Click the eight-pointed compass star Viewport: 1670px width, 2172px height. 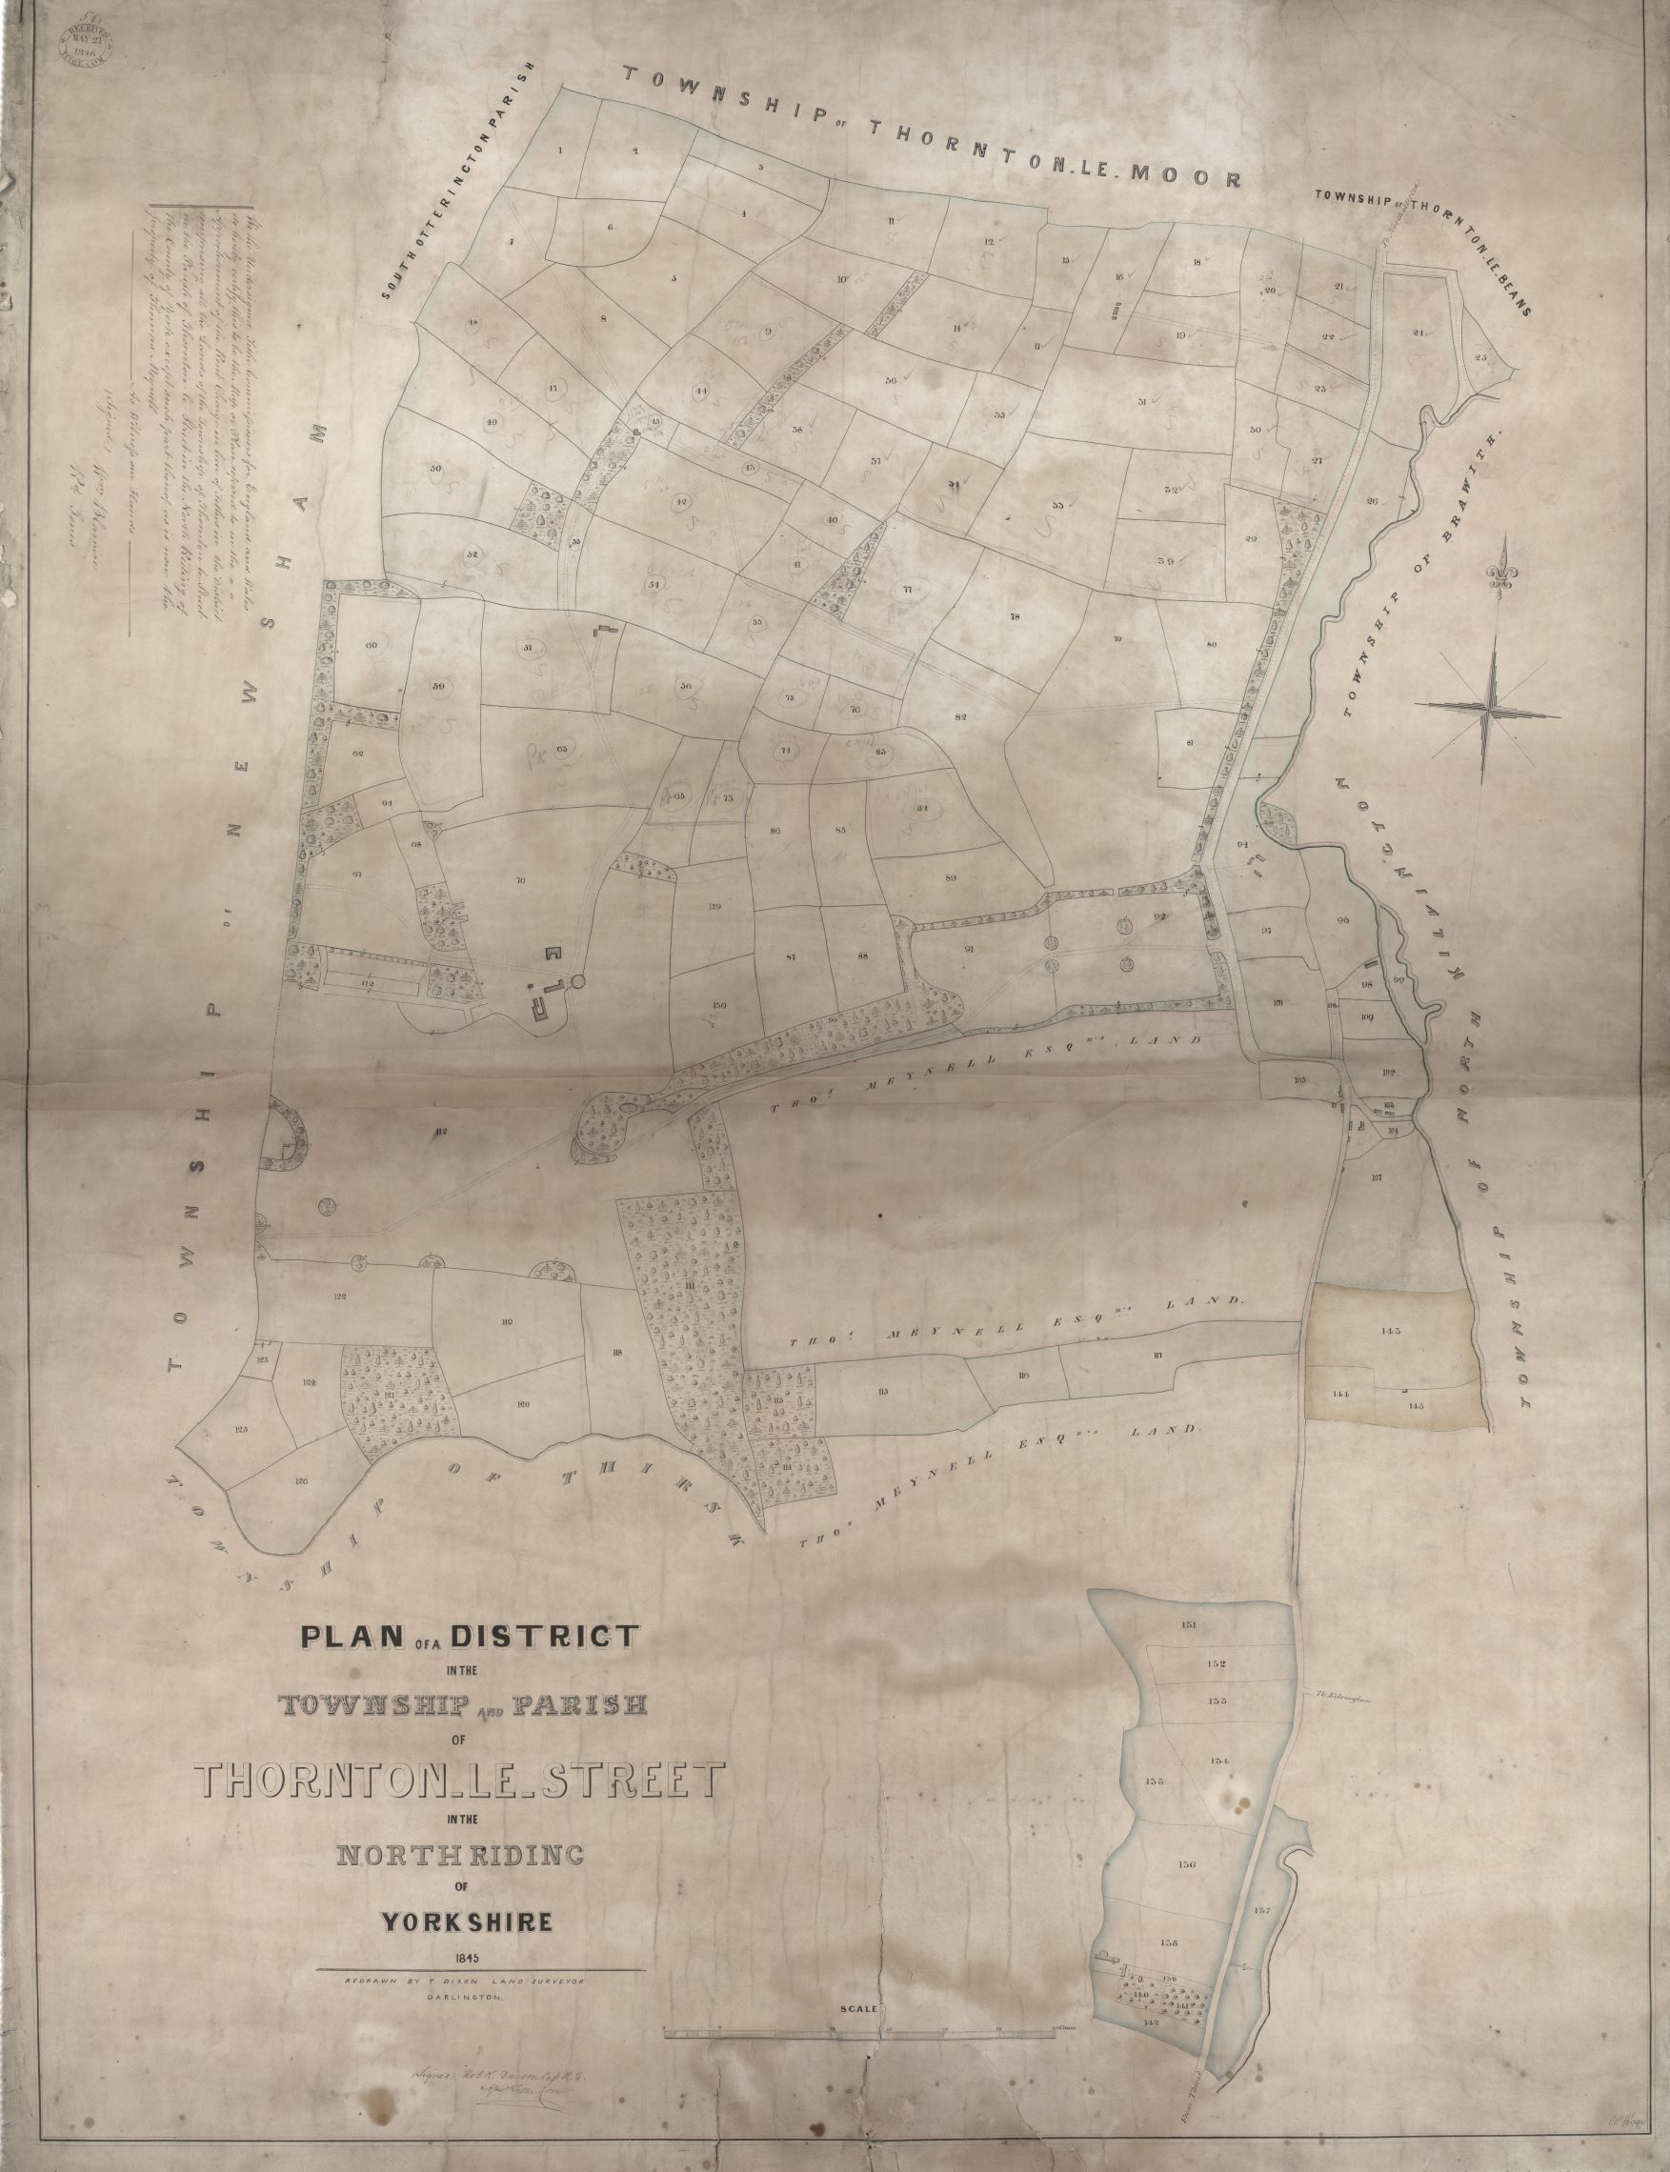1489,706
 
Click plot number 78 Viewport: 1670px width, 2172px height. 1015,616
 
